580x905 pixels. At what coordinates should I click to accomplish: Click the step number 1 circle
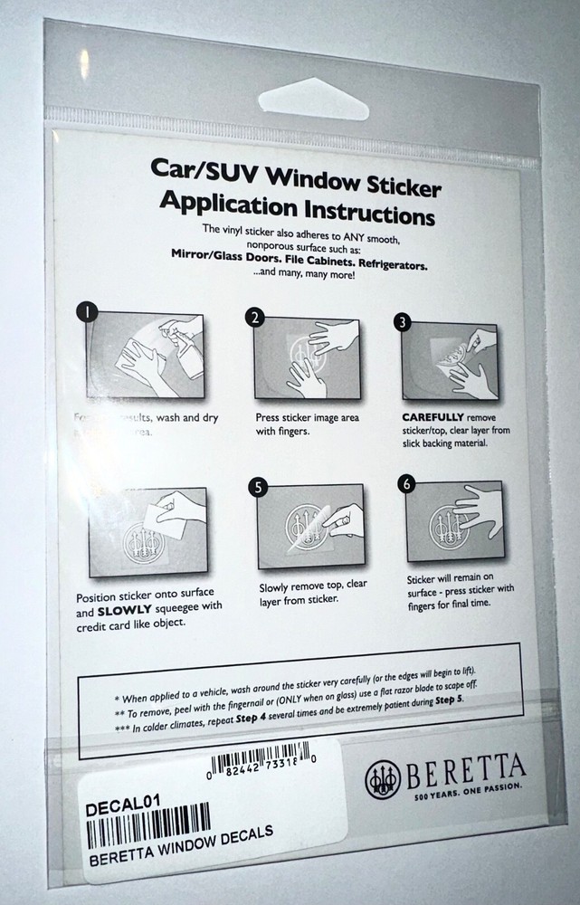pyautogui.click(x=87, y=312)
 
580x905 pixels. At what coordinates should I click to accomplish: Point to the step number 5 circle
pyautogui.click(x=259, y=487)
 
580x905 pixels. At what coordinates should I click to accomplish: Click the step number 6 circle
pyautogui.click(x=407, y=483)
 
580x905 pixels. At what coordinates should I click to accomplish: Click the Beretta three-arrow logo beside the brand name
pyautogui.click(x=383, y=779)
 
